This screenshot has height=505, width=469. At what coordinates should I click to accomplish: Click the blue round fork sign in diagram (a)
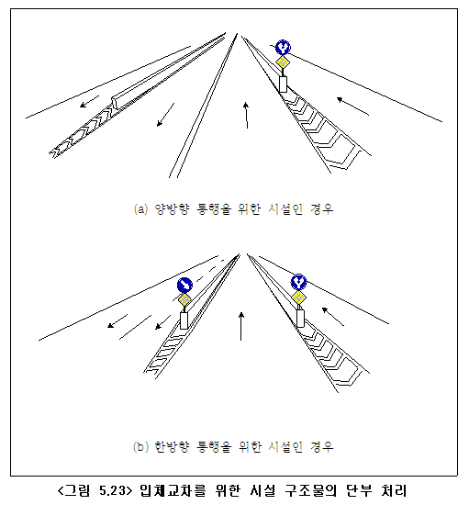coord(283,48)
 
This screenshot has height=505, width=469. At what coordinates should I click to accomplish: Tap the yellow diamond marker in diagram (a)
coord(283,62)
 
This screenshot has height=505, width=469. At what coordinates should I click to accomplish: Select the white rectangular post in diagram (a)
coord(283,84)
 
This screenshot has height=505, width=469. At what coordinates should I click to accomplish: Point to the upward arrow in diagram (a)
coord(246,116)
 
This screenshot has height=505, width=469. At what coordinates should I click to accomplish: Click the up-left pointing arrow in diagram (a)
coord(352,107)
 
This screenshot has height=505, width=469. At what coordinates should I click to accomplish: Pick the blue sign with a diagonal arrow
coord(184,285)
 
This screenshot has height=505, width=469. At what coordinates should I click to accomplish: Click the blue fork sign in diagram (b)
coord(298,282)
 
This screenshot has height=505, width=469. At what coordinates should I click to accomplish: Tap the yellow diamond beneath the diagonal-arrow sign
coord(184,300)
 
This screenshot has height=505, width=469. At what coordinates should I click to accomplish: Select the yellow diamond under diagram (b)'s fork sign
coord(298,297)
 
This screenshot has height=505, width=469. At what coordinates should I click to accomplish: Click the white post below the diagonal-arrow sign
coord(184,320)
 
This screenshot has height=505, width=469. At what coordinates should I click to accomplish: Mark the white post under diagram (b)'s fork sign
coord(300,319)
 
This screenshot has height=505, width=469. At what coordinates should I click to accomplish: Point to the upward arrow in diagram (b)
coord(241,326)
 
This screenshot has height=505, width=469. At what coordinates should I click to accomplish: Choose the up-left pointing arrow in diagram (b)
coord(333,317)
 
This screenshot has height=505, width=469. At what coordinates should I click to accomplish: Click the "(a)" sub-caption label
coord(141,209)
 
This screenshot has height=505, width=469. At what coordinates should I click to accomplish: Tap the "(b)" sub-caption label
coord(141,447)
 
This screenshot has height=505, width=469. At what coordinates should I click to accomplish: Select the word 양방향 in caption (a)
coord(173,209)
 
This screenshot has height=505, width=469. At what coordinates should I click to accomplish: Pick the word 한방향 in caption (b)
coord(173,447)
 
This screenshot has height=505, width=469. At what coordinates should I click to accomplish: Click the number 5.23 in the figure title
coord(112,490)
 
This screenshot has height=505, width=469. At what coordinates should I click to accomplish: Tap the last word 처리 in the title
coord(394,490)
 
